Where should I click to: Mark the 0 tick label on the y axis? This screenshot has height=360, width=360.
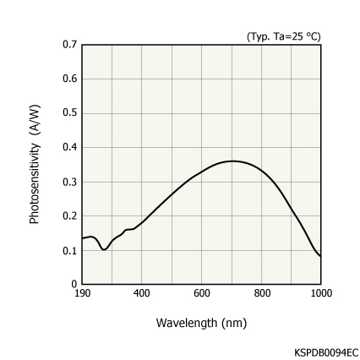click(x=74, y=284)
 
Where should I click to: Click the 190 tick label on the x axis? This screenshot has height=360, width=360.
click(x=83, y=293)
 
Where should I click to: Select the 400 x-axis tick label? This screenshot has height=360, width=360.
click(x=142, y=293)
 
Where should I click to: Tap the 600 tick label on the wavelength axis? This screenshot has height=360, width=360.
click(x=202, y=293)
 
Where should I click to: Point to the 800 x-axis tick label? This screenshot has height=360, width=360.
click(x=262, y=293)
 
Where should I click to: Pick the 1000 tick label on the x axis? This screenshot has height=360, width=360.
click(x=321, y=293)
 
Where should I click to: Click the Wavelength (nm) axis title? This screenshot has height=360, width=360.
click(x=201, y=323)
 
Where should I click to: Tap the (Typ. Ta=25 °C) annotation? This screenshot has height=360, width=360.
click(x=284, y=35)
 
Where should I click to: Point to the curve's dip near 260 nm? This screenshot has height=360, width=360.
click(x=104, y=249)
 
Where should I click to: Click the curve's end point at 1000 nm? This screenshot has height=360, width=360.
click(x=321, y=256)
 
